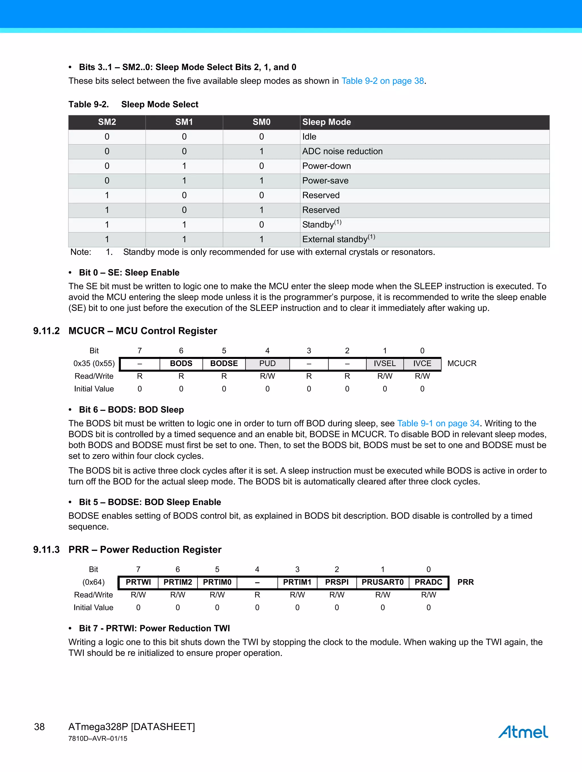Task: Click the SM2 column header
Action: [x=107, y=122]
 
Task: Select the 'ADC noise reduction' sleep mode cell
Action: [x=342, y=151]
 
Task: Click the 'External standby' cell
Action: [x=338, y=239]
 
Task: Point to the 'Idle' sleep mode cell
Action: [x=309, y=137]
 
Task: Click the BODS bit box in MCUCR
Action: [x=181, y=363]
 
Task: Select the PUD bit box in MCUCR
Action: [x=267, y=363]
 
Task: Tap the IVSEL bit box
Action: [x=384, y=363]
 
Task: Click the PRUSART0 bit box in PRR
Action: [x=383, y=582]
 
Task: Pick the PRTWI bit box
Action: [x=138, y=582]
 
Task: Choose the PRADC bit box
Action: [x=428, y=582]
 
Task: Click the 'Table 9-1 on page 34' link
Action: [x=438, y=423]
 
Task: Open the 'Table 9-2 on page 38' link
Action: [x=383, y=81]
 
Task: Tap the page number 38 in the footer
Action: [x=39, y=727]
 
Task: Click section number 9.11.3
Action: [x=46, y=550]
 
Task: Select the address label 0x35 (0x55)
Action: [x=94, y=363]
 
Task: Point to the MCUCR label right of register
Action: [x=462, y=363]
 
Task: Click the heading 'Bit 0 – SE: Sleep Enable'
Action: [x=129, y=273]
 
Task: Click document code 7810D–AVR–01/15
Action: [x=98, y=738]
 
